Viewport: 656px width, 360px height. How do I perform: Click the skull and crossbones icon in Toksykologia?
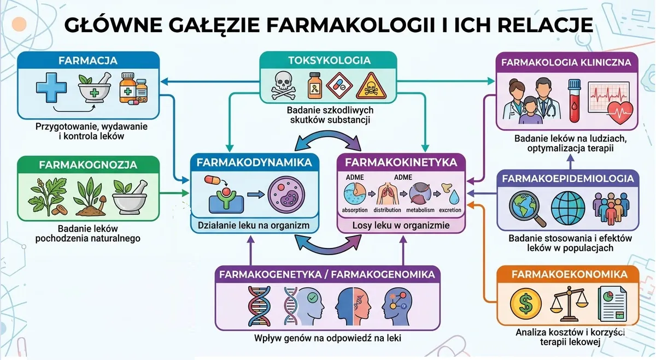284,85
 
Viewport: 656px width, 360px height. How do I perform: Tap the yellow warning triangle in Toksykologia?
371,86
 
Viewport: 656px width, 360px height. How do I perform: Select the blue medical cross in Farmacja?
51,87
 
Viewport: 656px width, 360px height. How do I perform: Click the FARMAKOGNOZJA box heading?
88,165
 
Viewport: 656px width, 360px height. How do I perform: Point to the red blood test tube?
575,101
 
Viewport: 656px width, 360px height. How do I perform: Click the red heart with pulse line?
620,113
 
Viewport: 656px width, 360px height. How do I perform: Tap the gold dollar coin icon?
526,304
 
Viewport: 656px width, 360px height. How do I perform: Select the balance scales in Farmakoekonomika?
569,304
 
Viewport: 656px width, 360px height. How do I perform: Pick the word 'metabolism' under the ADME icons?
420,210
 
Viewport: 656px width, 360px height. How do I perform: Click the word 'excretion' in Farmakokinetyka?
450,210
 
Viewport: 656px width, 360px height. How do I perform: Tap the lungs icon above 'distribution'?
387,193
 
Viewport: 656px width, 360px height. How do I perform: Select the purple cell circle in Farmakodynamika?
286,194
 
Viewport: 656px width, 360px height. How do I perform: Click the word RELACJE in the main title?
545,25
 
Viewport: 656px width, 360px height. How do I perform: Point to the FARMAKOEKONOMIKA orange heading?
568,274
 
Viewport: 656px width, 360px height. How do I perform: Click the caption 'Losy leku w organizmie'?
401,226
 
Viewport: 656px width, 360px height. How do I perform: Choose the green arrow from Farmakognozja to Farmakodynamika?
174,193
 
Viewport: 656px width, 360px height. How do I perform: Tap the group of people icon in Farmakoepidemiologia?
611,208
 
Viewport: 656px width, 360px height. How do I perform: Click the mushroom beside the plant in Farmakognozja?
102,202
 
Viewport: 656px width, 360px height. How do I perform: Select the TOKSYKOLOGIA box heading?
330,60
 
